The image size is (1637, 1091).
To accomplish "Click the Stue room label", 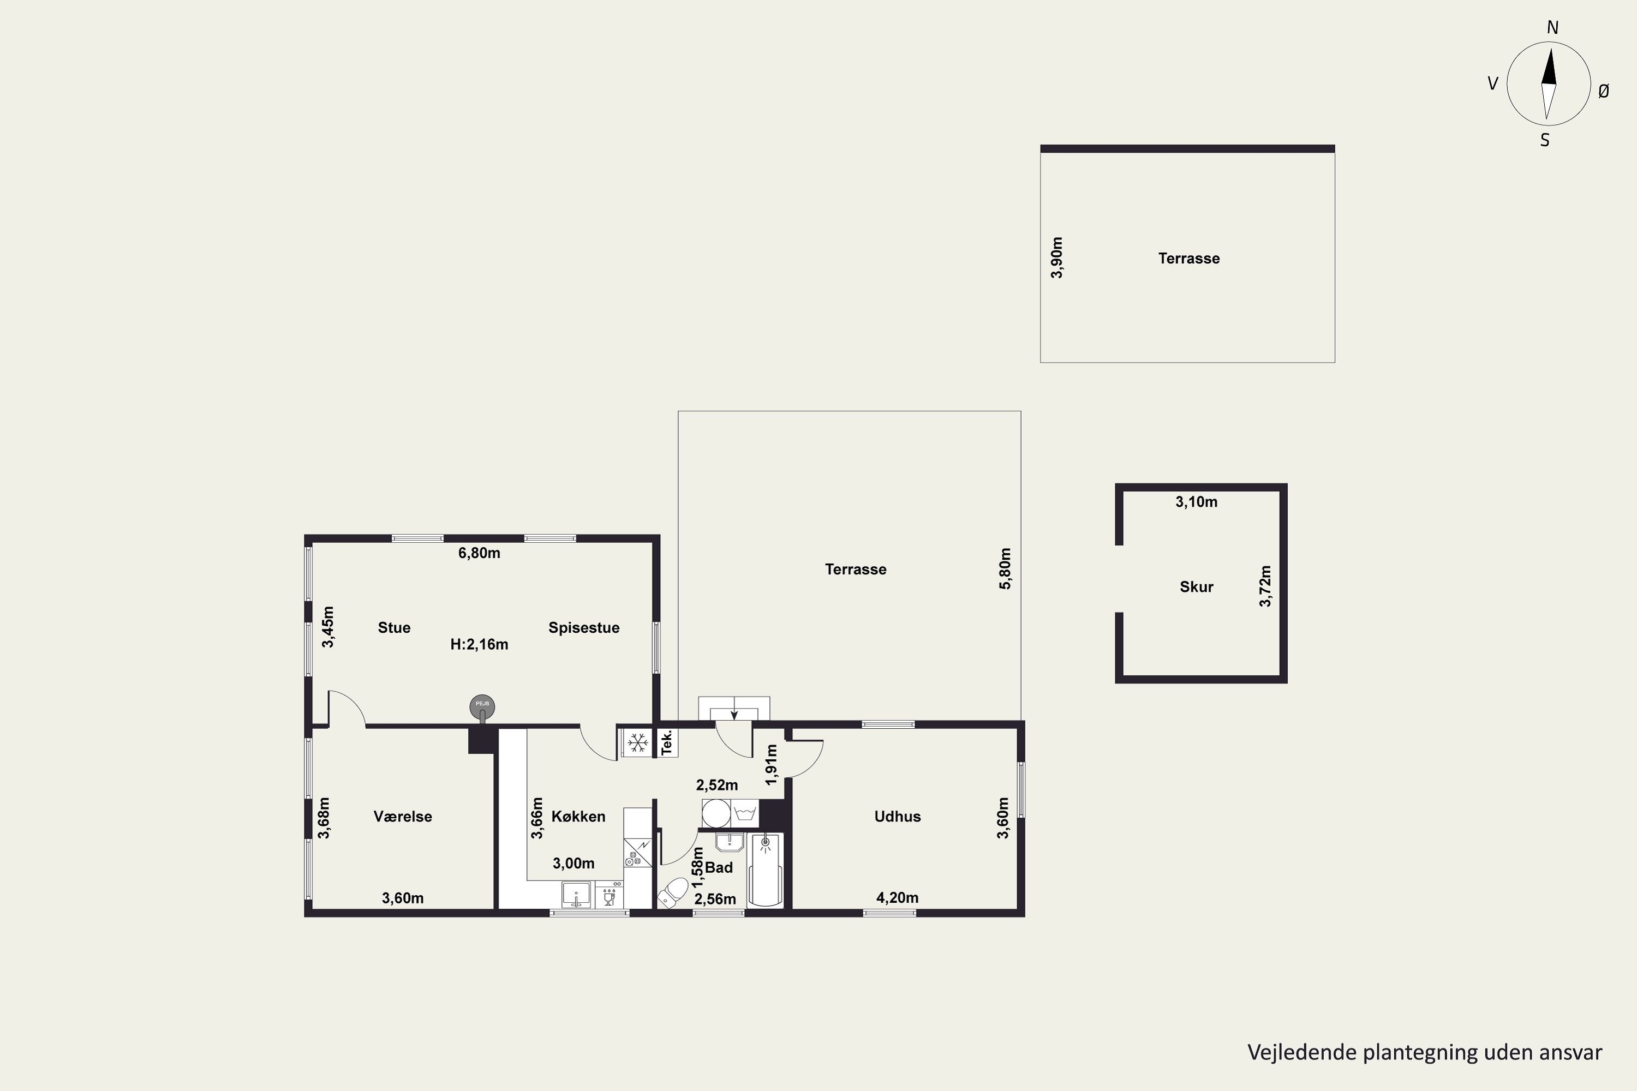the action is point(394,628).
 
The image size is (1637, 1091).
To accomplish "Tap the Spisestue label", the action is point(584,628).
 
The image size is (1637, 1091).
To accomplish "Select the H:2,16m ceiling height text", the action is point(479,644).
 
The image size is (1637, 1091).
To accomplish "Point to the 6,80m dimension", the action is point(479,553).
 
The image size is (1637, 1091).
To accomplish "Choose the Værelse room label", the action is point(403,816).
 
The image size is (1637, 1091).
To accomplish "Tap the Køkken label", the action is point(578,816).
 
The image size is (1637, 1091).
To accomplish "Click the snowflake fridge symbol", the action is point(637,742).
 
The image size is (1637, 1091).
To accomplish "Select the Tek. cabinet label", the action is point(667,742).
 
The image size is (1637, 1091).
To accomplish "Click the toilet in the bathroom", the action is point(672,891).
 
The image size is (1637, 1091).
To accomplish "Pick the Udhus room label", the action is point(897,816).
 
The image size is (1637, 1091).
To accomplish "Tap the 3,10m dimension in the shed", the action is point(1197,502).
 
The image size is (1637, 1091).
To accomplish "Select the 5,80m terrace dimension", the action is point(1005,568).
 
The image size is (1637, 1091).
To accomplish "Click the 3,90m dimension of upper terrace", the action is point(1056,258).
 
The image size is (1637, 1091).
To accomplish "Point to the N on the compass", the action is point(1552,28).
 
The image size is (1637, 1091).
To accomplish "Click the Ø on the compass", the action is point(1604,91).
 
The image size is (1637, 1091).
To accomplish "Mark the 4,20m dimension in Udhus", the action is point(897,897).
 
